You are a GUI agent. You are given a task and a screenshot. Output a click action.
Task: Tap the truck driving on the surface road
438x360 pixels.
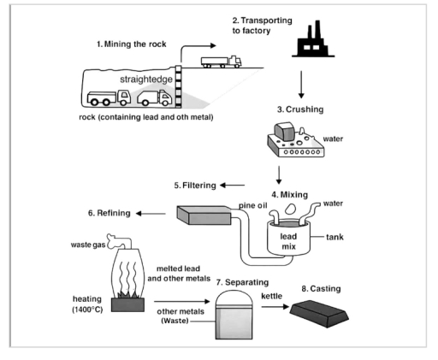click(x=220, y=62)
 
